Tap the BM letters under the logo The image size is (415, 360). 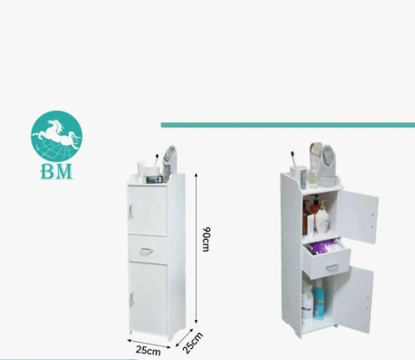point(57,171)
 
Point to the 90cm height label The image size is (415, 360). point(206,239)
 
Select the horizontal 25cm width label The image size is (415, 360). point(149,351)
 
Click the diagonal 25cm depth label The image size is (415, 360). point(193,343)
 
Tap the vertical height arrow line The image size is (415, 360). point(196,248)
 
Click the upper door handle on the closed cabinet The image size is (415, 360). point(130,212)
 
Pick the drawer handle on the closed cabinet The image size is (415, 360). point(146,251)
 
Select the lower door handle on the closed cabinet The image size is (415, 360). point(131,299)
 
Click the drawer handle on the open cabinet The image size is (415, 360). point(332,267)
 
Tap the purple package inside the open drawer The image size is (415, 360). point(325,247)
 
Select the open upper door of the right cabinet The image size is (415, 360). point(357,216)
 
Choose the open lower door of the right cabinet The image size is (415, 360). point(354,299)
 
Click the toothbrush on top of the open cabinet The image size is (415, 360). point(293,160)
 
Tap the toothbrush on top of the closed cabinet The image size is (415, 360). point(156,160)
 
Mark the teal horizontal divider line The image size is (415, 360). point(288,125)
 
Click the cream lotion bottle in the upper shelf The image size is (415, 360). point(322,217)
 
